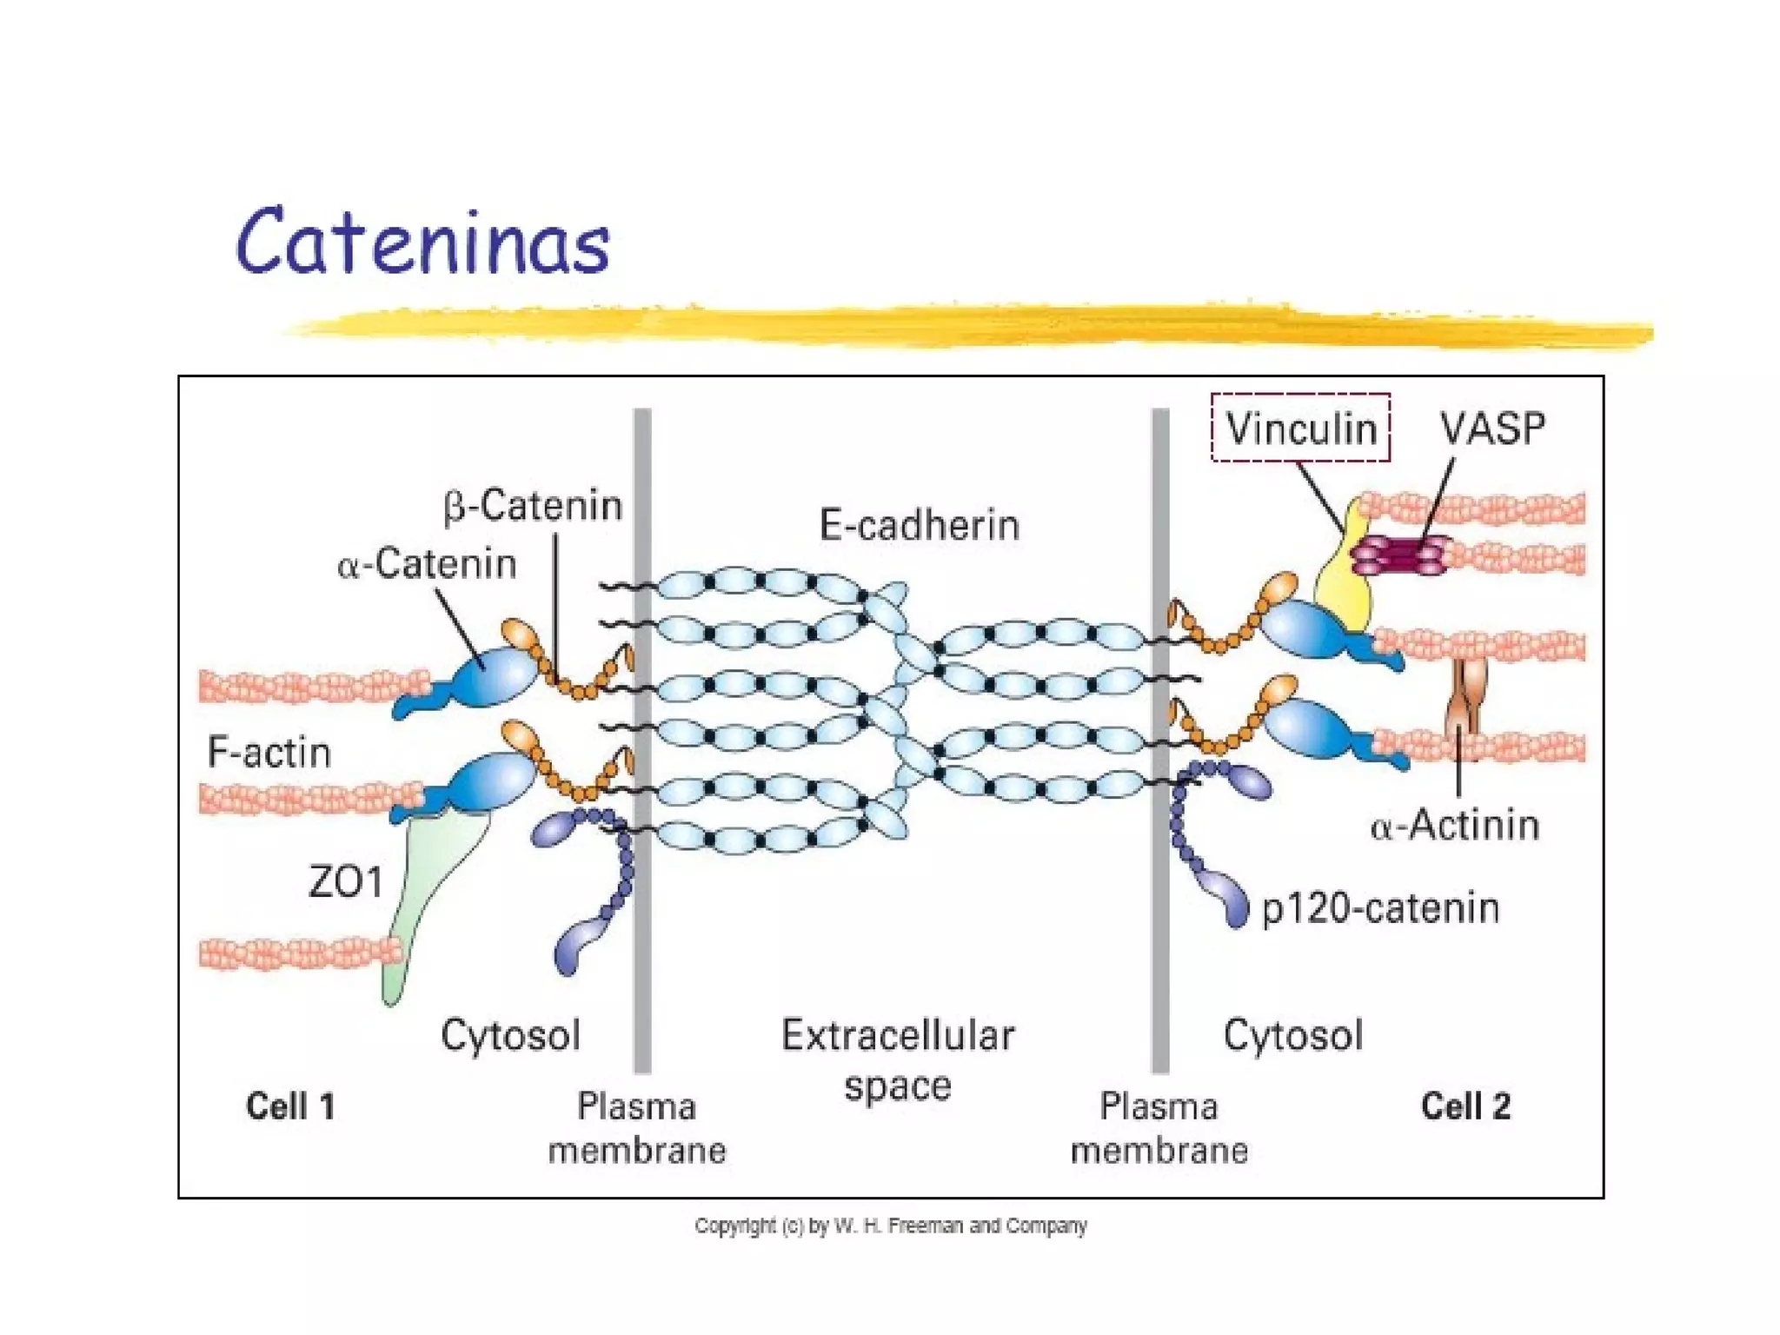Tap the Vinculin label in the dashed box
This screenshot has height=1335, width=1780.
(1300, 428)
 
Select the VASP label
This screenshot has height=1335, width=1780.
(1492, 428)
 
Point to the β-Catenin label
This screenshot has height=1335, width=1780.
(533, 506)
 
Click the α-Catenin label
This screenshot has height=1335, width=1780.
(427, 564)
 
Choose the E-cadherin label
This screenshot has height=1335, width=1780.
(919, 526)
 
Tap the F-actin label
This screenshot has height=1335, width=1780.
(269, 753)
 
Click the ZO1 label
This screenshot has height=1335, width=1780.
(346, 883)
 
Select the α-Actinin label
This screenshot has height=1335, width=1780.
(1454, 825)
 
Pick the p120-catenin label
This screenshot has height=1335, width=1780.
(1380, 908)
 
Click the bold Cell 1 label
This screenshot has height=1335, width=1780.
(290, 1106)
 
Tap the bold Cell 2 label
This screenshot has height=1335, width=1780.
(1465, 1106)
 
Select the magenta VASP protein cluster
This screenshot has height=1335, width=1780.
(1399, 555)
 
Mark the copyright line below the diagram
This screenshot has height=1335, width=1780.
(890, 1225)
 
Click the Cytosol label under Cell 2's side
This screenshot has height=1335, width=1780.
(1292, 1036)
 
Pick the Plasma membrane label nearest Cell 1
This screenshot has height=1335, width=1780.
(637, 1128)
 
